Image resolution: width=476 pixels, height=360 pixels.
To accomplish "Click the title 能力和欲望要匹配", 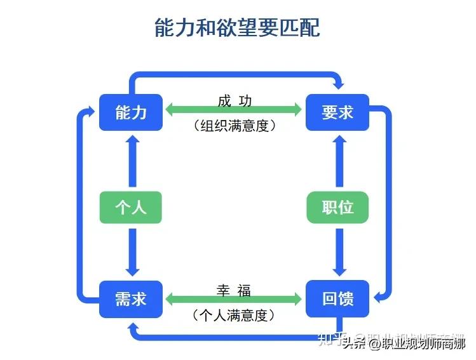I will (x=238, y=28).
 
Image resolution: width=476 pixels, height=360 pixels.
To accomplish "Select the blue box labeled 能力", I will (x=131, y=112).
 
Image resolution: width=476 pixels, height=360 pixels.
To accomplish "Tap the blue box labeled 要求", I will (x=337, y=112).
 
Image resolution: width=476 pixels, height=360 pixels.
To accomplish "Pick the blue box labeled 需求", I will (x=131, y=298).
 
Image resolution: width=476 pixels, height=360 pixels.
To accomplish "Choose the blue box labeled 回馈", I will (x=337, y=298).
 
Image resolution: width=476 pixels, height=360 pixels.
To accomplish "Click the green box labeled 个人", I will (x=131, y=206).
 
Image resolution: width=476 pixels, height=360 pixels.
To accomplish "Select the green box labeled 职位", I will (x=337, y=206).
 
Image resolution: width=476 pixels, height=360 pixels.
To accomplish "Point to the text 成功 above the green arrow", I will (x=235, y=100).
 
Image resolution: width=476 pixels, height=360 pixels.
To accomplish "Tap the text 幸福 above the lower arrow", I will (x=234, y=291).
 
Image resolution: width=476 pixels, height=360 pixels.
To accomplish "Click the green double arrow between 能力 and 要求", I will (x=234, y=110).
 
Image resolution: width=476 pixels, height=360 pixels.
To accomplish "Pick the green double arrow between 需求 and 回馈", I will (x=234, y=298).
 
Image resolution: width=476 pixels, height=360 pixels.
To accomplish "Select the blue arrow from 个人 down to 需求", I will (x=132, y=251).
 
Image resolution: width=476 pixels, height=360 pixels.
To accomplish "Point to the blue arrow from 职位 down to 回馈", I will (x=339, y=251).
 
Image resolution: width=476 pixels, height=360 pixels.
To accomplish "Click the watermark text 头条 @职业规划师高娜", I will (x=404, y=343).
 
